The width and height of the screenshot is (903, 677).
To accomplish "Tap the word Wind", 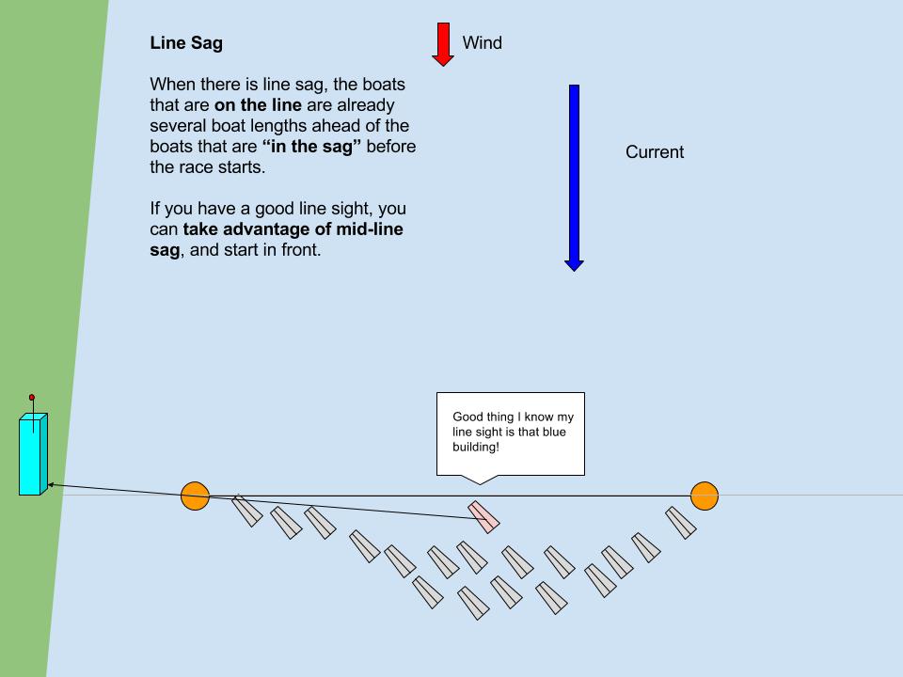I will coord(482,43).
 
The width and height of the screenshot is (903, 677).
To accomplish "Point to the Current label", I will coord(655,152).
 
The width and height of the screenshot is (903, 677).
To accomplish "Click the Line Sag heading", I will coord(186,43).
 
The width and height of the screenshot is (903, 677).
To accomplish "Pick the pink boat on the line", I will coord(484,516).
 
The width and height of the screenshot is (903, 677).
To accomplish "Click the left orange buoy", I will coord(195,496).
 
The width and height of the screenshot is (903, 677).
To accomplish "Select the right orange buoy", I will coord(705,496).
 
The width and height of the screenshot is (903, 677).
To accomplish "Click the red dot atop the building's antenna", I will coord(31,398).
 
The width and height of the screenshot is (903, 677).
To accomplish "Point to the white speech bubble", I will coord(511,433).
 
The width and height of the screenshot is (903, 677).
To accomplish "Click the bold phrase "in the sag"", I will coord(311,147).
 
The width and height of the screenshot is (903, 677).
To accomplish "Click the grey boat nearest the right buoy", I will coord(681,523).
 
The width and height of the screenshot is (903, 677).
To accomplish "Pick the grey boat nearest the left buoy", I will coord(246,511).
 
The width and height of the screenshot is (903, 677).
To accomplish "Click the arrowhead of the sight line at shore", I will coord(51,485).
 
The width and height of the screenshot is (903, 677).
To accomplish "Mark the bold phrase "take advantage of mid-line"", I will coord(293,229).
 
